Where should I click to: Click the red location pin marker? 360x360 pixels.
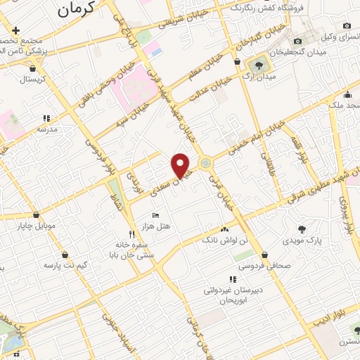(181, 165)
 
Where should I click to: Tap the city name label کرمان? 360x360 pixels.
(73, 10)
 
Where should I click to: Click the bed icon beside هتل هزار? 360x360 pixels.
(156, 214)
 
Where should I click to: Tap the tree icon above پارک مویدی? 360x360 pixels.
(302, 229)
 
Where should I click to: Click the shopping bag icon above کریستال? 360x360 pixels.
(33, 69)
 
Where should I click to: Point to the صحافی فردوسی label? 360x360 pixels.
(263, 266)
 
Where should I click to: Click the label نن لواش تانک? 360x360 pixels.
(225, 240)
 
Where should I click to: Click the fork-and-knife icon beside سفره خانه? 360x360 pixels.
(131, 233)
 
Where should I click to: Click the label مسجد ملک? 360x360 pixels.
(342, 105)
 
